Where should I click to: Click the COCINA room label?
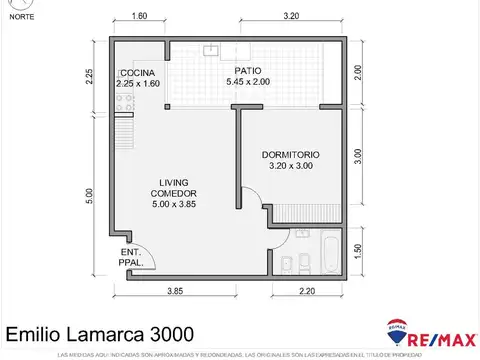click(x=136, y=74)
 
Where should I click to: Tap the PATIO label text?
click(x=248, y=70)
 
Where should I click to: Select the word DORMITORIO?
click(x=290, y=155)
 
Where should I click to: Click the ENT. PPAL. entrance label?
click(x=131, y=256)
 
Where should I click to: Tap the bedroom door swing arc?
click(x=250, y=200)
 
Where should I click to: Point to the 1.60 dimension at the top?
click(x=139, y=17)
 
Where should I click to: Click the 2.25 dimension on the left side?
click(x=89, y=77)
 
